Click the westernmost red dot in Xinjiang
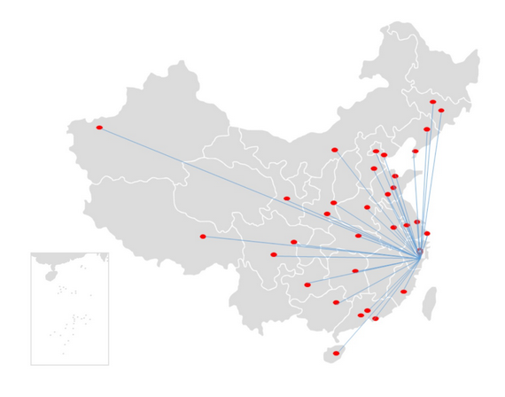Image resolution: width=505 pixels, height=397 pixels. pos(99,128)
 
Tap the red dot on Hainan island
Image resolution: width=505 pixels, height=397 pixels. pos(336,354)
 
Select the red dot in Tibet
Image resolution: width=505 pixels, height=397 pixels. pos(203,237)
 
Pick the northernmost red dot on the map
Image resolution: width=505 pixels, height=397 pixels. pos(432,102)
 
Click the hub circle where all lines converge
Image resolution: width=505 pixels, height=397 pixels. pos(420,253)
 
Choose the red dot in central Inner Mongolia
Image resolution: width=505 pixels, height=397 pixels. pos(335,150)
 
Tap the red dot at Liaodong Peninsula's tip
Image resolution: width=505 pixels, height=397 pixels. pos(415,152)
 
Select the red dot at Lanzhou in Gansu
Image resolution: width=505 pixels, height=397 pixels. pos(286,198)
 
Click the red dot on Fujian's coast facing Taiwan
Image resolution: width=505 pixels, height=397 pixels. pos(404,292)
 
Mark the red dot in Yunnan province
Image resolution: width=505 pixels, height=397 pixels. pos(274,255)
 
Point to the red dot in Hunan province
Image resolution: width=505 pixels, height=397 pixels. pos(355,271)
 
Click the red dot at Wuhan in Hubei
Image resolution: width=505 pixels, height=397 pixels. pos(359,236)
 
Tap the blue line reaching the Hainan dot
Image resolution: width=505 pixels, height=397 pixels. pos(377,305)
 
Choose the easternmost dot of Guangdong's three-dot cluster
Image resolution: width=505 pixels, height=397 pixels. pos(376,318)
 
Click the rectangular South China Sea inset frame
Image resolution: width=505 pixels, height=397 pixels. pos(31,310)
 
